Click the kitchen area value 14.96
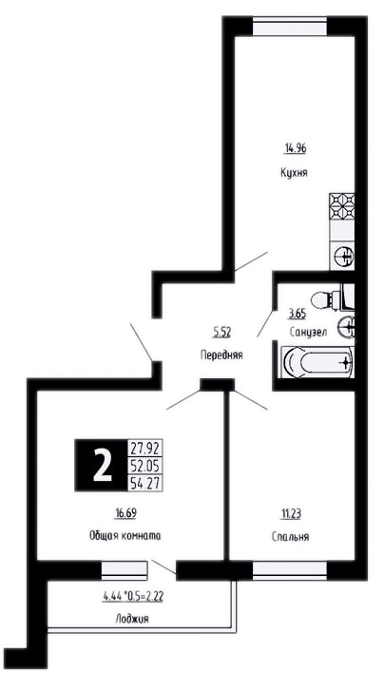tap(295, 148)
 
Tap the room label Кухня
tap(294, 172)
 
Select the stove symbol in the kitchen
tap(342, 206)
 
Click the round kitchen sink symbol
tap(344, 255)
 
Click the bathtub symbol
tap(317, 362)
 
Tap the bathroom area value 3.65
tap(297, 314)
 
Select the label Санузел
tap(308, 333)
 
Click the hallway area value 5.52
tap(222, 333)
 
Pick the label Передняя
tap(221, 355)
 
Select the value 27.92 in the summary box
tap(144, 450)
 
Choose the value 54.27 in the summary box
tap(144, 482)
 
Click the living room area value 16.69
tap(125, 513)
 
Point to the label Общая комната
tap(125, 536)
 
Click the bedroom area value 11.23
tap(291, 513)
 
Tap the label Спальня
tap(290, 537)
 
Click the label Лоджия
tap(132, 619)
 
